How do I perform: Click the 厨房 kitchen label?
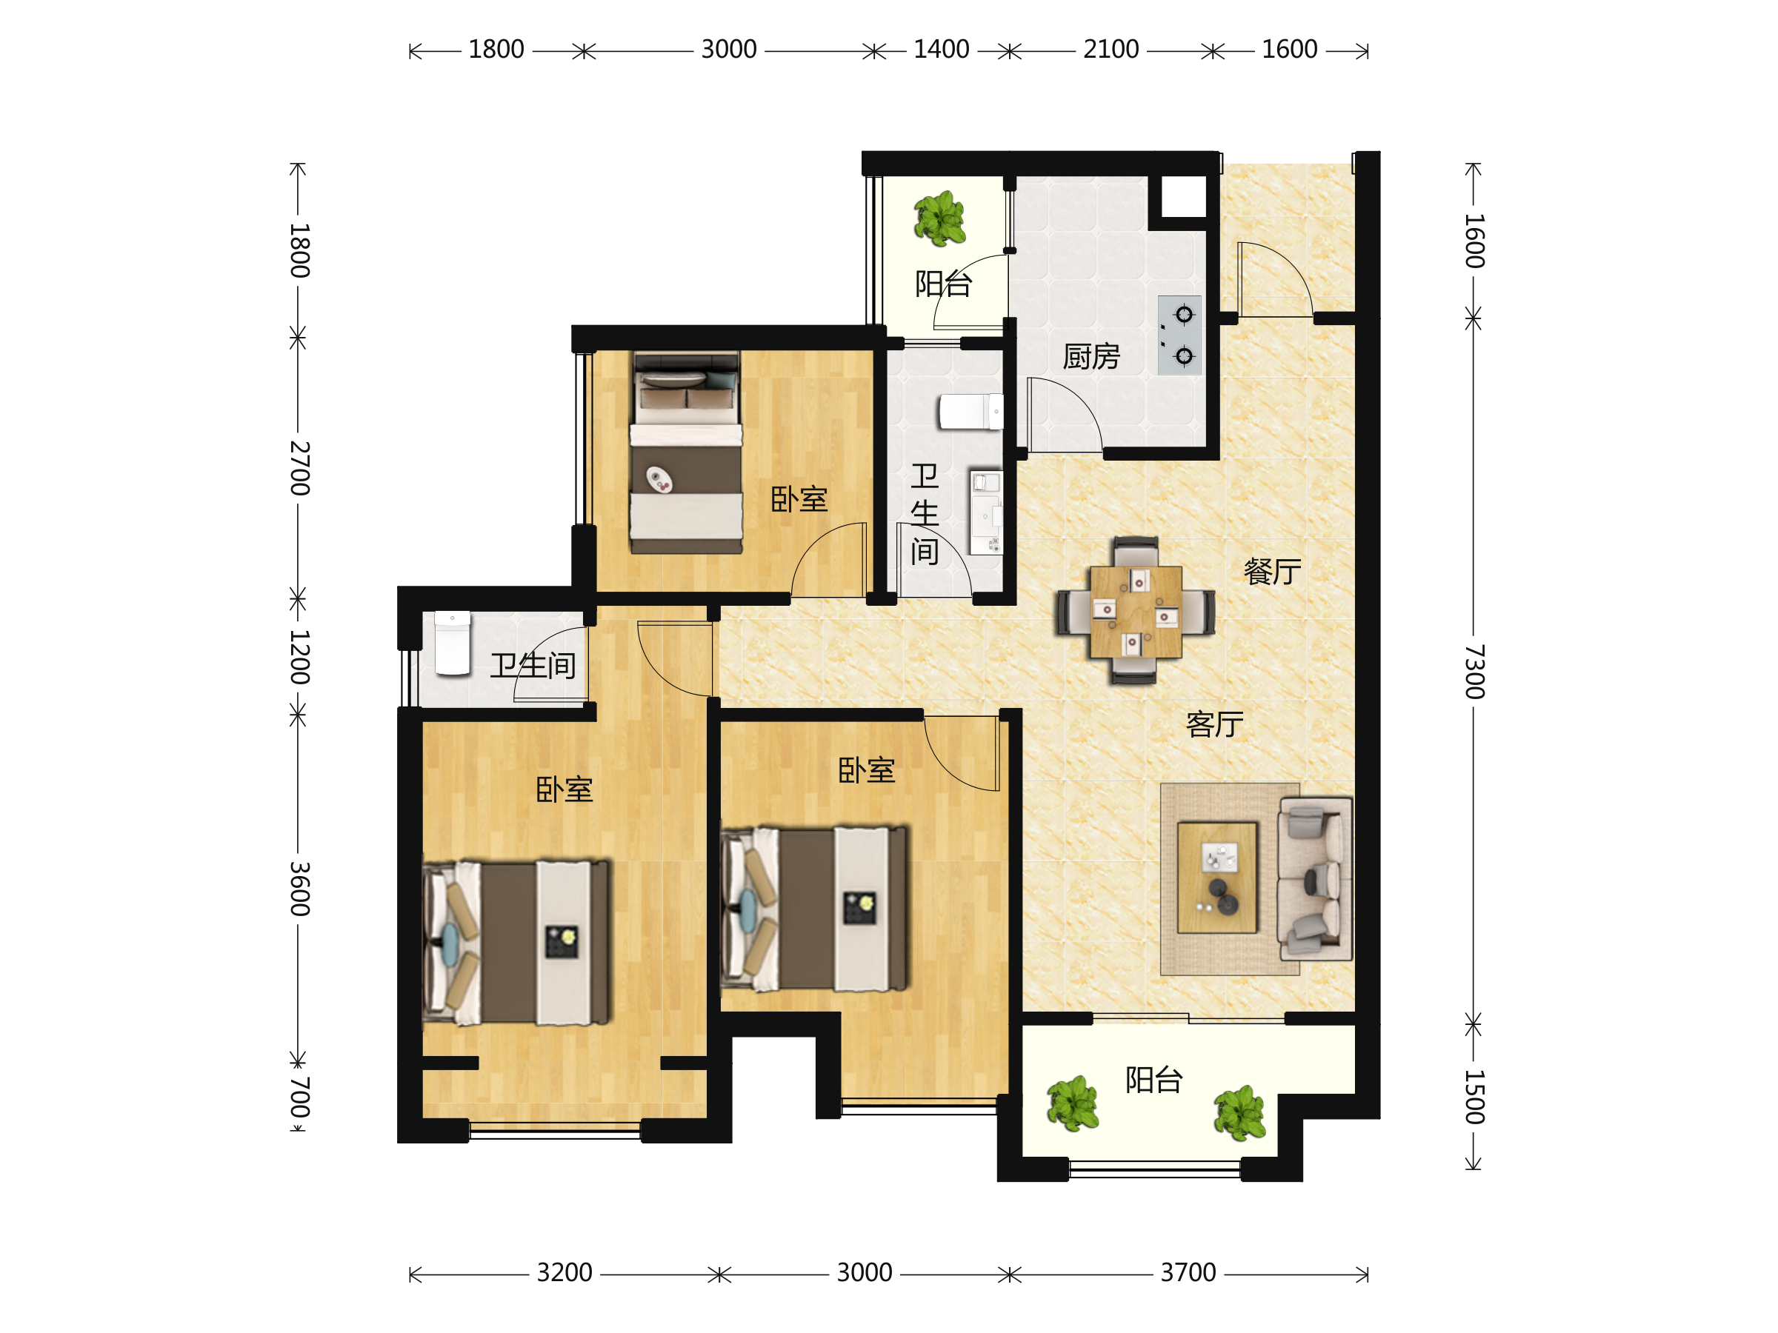[1091, 356]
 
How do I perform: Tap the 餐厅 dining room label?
[1273, 571]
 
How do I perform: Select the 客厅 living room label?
[1214, 724]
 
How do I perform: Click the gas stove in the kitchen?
[1179, 335]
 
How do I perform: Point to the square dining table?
[1136, 612]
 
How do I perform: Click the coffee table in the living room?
[1217, 878]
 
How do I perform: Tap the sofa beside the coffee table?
[1315, 879]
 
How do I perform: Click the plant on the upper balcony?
[939, 218]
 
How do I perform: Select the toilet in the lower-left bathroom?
[453, 643]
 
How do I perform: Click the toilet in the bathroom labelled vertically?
[971, 412]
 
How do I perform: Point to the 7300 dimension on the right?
[1474, 672]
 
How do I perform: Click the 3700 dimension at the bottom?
[1188, 1273]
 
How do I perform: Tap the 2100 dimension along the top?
[1111, 49]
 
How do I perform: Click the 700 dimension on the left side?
[299, 1098]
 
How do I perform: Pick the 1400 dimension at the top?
[942, 49]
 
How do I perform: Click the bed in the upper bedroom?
[685, 452]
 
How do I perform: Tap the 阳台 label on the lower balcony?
[1153, 1080]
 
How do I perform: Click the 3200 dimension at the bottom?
[565, 1273]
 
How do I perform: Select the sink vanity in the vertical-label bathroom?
[985, 512]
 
